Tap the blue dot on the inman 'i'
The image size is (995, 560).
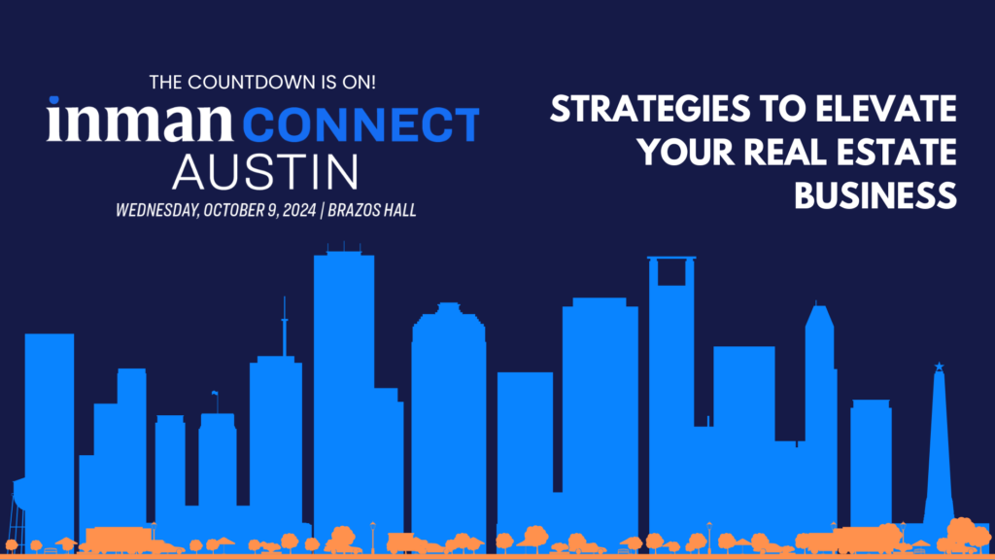click(54, 101)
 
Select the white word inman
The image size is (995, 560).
click(140, 120)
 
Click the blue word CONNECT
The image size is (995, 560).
click(361, 124)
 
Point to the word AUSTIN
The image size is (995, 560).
click(265, 171)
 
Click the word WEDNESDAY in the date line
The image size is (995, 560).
click(157, 210)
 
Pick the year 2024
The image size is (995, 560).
click(299, 210)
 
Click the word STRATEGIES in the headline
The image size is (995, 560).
click(650, 109)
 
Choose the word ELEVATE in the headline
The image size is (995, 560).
click(886, 109)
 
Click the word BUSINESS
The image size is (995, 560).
click(875, 195)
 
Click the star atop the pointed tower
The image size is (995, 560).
click(940, 367)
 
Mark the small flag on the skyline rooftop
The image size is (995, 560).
click(215, 394)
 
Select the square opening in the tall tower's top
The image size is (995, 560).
click(671, 273)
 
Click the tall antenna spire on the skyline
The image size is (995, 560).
click(285, 327)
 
